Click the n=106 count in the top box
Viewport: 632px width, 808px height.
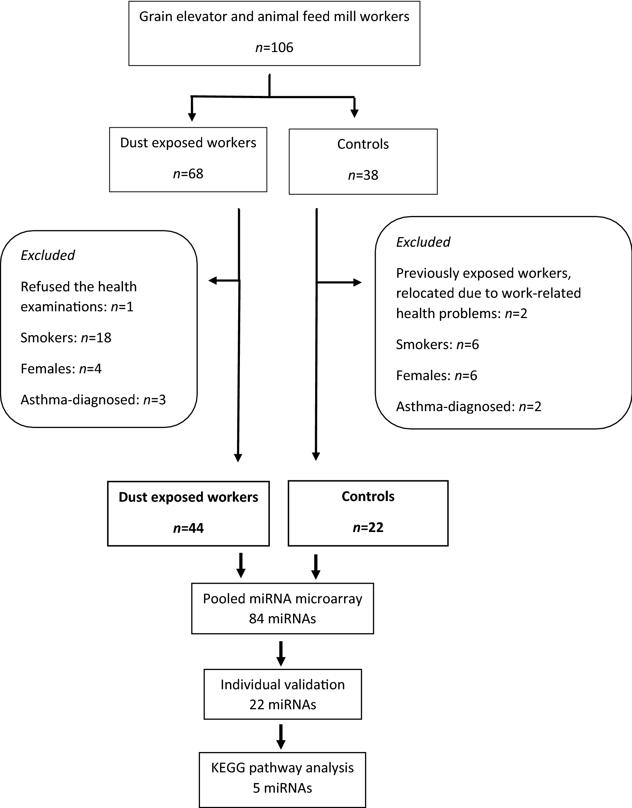(274, 48)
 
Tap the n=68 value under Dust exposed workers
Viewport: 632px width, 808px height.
(188, 174)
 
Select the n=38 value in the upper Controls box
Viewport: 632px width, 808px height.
(363, 175)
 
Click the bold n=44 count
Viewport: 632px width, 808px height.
(188, 528)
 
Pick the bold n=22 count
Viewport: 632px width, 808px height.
(368, 527)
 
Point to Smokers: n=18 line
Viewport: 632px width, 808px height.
(66, 338)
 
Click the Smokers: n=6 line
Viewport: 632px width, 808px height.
(437, 344)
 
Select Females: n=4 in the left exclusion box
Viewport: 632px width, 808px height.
(61, 369)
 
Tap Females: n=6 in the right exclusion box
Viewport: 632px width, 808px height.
(437, 376)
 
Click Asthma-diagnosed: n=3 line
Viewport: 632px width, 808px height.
(93, 400)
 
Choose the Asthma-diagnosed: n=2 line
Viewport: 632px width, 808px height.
(468, 407)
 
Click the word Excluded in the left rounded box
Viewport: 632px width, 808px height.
(48, 255)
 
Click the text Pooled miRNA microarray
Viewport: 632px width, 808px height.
(282, 599)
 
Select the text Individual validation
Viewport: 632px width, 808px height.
(282, 685)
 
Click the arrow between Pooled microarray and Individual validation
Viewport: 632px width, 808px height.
(281, 653)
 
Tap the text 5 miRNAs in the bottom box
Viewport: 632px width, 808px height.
(282, 788)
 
